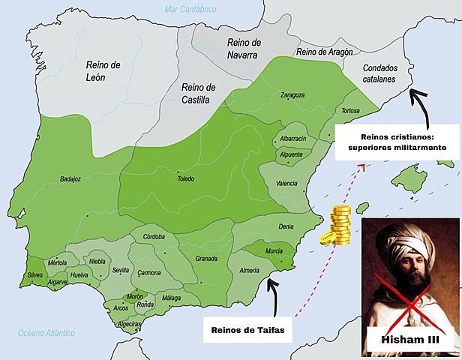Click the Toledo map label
point(185,178)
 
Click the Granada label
point(206,259)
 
